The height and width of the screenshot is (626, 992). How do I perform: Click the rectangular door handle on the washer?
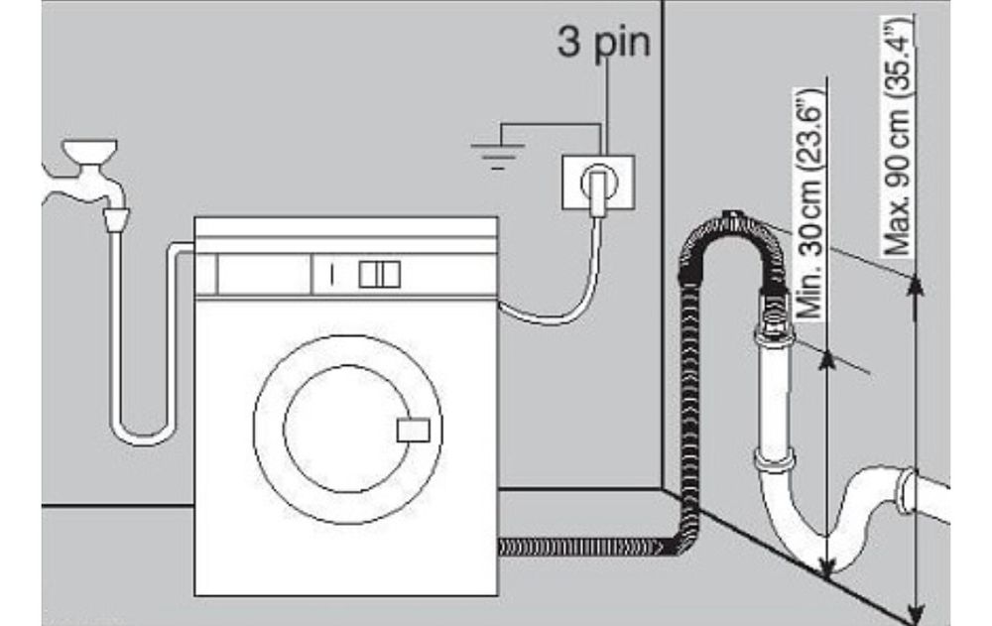tap(412, 431)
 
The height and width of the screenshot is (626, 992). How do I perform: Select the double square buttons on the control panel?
tap(379, 274)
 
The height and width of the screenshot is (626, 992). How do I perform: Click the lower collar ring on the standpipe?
tap(774, 458)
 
